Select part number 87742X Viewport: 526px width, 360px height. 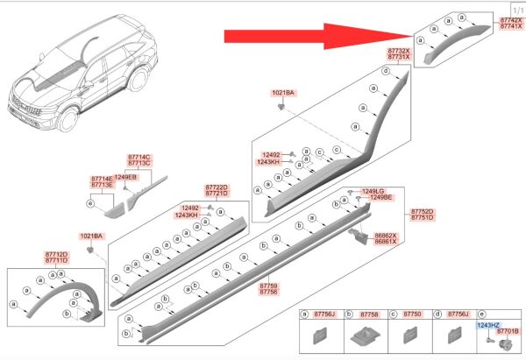pos(511,20)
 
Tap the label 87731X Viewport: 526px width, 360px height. pos(399,57)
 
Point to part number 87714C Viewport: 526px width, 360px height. pos(139,157)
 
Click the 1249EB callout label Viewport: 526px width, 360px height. pos(125,177)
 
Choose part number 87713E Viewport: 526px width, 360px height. pos(102,185)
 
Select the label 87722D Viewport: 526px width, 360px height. pos(217,187)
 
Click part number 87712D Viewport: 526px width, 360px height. pos(56,254)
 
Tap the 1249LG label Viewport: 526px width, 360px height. pos(373,191)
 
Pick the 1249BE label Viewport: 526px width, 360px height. pos(380,197)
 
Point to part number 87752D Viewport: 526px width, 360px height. pos(423,211)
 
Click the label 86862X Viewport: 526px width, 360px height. pos(386,236)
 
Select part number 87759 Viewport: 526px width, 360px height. pos(269,286)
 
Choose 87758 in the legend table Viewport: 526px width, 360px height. pos(369,314)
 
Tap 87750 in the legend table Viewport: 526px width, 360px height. pos(412,314)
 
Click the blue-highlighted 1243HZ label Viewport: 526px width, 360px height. pos(488,325)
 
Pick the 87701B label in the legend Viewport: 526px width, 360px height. pos(508,331)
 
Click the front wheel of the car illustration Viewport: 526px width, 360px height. pos(68,120)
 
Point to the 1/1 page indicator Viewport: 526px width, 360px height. pos(518,11)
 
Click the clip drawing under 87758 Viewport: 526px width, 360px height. pos(366,336)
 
